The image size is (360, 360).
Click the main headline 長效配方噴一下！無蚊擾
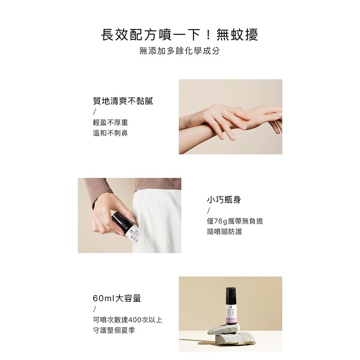point(180,35)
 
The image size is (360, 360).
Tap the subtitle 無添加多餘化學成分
point(180,51)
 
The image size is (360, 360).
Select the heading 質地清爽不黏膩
point(123,101)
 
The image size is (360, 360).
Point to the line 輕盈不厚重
point(110,122)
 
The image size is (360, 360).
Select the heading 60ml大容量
point(117,298)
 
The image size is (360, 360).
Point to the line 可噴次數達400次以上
point(127,320)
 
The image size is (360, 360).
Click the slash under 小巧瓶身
point(208,211)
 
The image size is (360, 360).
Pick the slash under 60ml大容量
point(94,309)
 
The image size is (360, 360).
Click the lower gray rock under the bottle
point(235,339)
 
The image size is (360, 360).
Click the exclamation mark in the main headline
point(208,35)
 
